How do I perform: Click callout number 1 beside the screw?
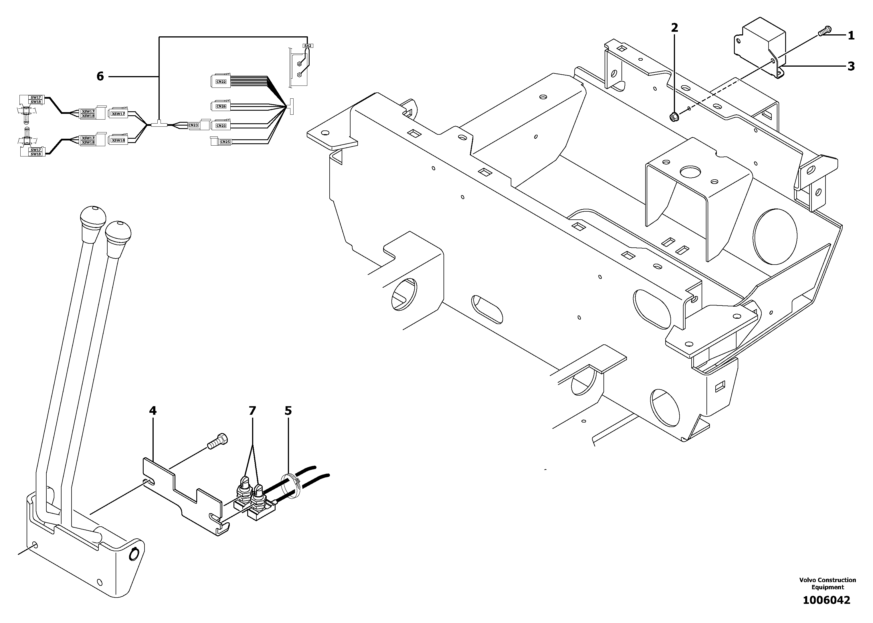pos(851,36)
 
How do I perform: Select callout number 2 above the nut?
pos(674,28)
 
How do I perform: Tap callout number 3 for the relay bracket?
pos(851,66)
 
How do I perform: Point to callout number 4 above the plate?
pos(153,411)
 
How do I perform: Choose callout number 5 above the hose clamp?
pos(288,411)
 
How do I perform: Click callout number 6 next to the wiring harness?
pos(100,77)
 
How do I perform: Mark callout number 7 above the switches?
pos(252,411)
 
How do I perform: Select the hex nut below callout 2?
pos(674,116)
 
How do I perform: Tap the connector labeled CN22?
pos(221,81)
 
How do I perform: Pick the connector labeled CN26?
pos(221,106)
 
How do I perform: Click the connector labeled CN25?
pos(225,142)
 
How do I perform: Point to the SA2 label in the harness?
pos(308,46)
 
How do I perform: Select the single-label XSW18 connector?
pos(118,140)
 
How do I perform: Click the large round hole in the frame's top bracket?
pos(690,171)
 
